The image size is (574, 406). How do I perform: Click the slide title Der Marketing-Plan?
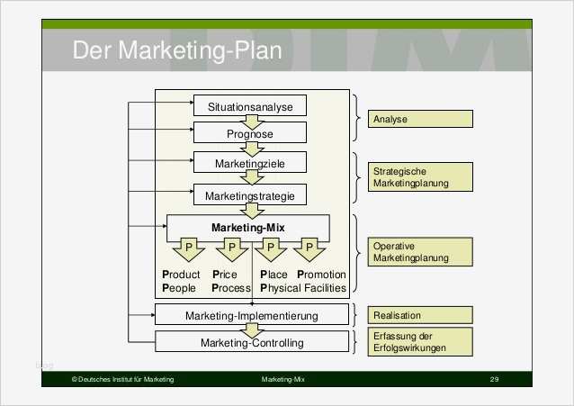pos(176,50)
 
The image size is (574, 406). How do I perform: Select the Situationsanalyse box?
pos(250,106)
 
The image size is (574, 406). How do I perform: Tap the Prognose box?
pos(250,134)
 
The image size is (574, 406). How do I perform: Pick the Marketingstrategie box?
pos(250,194)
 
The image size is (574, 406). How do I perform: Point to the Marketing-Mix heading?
pos(247,228)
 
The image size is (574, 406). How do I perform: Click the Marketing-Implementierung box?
pos(251,315)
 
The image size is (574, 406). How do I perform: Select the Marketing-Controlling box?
pos(251,342)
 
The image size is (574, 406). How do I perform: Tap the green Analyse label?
pos(418,119)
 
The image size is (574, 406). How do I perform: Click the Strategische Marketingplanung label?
pos(418,176)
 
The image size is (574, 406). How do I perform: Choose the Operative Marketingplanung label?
pos(418,251)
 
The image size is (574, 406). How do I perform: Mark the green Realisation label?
pos(418,315)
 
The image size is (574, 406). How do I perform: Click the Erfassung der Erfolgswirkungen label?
pos(418,342)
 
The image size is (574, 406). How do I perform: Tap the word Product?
pos(181,275)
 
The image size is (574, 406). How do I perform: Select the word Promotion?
pos(321,275)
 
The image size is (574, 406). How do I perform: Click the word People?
pos(179,288)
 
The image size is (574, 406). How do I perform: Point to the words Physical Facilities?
pos(302,288)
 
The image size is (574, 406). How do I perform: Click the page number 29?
pos(494,381)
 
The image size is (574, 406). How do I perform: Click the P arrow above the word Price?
pos(230,248)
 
